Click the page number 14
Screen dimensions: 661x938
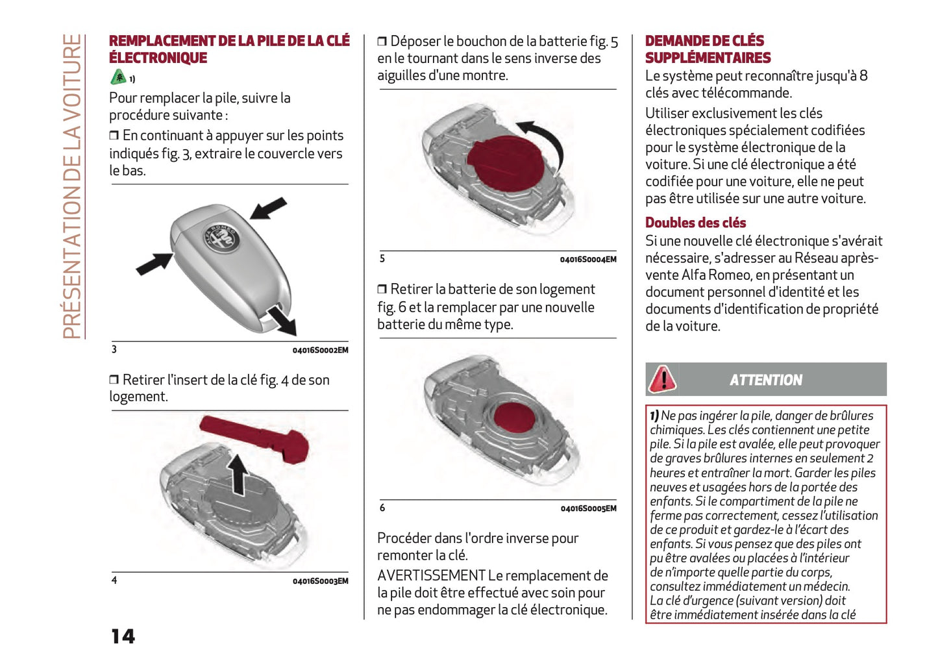pos(123,636)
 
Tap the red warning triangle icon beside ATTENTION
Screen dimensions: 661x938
pos(662,379)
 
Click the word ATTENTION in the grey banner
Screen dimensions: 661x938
pos(765,380)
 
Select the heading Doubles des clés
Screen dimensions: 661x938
pos(695,223)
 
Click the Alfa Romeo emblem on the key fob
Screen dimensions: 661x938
pos(222,238)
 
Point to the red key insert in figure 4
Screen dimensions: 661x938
pos(256,438)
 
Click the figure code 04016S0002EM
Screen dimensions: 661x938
pos(320,350)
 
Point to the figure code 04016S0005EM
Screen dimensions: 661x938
pos(588,508)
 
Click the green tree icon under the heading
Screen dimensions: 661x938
pos(118,77)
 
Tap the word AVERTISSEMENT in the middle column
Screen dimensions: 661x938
pos(431,575)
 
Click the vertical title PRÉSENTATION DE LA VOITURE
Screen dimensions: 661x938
pos(72,186)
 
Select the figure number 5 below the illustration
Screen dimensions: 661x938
pos(382,258)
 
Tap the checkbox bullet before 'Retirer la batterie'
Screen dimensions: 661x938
pos(382,290)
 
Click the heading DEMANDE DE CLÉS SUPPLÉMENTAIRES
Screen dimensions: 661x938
pos(708,49)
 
